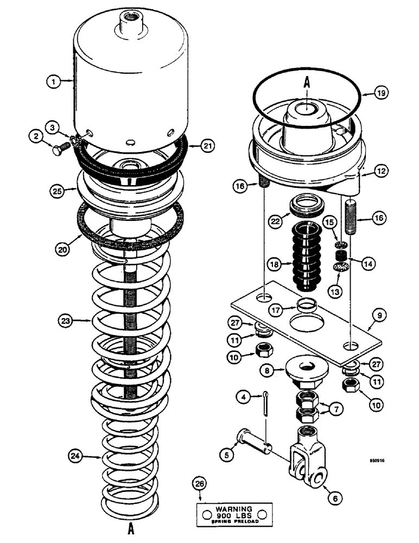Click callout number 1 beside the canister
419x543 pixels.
tap(53, 81)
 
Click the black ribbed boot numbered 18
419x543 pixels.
tap(307, 257)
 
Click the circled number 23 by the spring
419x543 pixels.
tap(65, 320)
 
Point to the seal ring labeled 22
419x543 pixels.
tap(307, 207)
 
